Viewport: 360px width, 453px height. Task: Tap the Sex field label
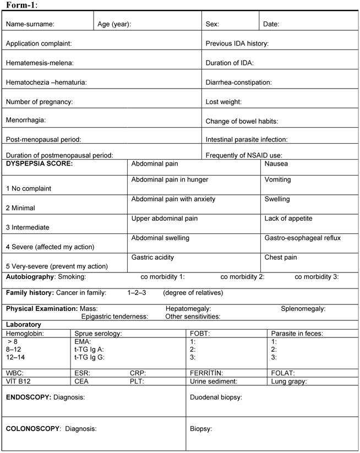point(212,24)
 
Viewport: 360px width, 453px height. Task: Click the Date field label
point(271,24)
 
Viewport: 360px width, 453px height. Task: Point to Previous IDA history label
point(237,43)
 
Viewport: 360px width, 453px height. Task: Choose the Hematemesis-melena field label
point(40,63)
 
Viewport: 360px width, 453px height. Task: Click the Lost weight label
point(223,102)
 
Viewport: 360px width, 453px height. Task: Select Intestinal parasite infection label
point(247,140)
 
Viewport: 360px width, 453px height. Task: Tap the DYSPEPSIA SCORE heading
point(39,163)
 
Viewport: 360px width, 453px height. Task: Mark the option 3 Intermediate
point(28,227)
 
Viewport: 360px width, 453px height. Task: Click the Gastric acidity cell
point(152,257)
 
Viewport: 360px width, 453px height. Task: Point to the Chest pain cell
point(281,257)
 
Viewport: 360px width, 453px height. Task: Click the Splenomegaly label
point(303,309)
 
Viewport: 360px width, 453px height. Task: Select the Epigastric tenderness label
point(114,316)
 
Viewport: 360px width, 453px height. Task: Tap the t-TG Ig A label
point(89,349)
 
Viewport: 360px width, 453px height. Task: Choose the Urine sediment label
point(214,381)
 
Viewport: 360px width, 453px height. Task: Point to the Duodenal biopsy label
point(216,397)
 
